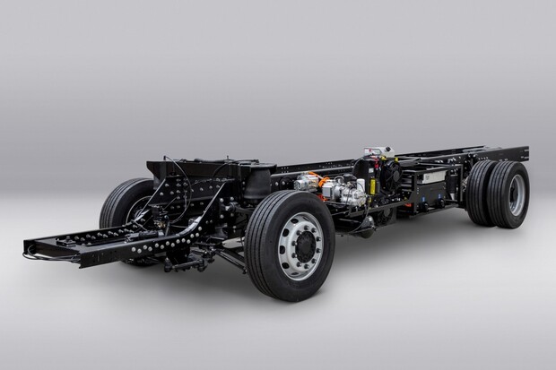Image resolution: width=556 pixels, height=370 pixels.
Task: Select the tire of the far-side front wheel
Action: pyautogui.click(x=120, y=203)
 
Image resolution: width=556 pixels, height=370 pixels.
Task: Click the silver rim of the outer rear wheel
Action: pyautogui.click(x=517, y=194)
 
